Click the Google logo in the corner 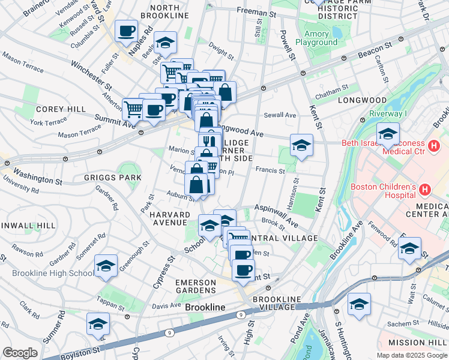(20, 353)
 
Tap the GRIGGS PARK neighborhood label (113, 178)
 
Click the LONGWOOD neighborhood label (362, 100)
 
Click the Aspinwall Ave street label (276, 214)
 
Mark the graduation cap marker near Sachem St (359, 304)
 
